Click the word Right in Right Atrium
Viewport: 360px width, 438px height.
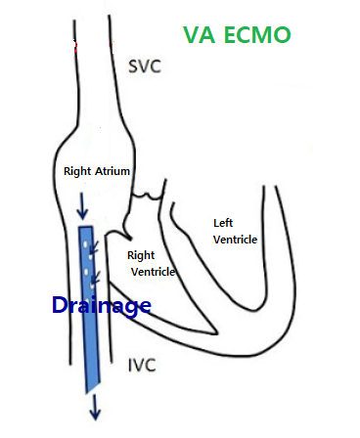point(77,171)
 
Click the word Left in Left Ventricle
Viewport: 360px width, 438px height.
point(224,223)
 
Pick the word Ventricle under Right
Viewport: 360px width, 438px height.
point(152,271)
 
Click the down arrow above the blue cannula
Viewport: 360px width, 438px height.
point(82,205)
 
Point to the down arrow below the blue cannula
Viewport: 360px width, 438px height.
point(95,405)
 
